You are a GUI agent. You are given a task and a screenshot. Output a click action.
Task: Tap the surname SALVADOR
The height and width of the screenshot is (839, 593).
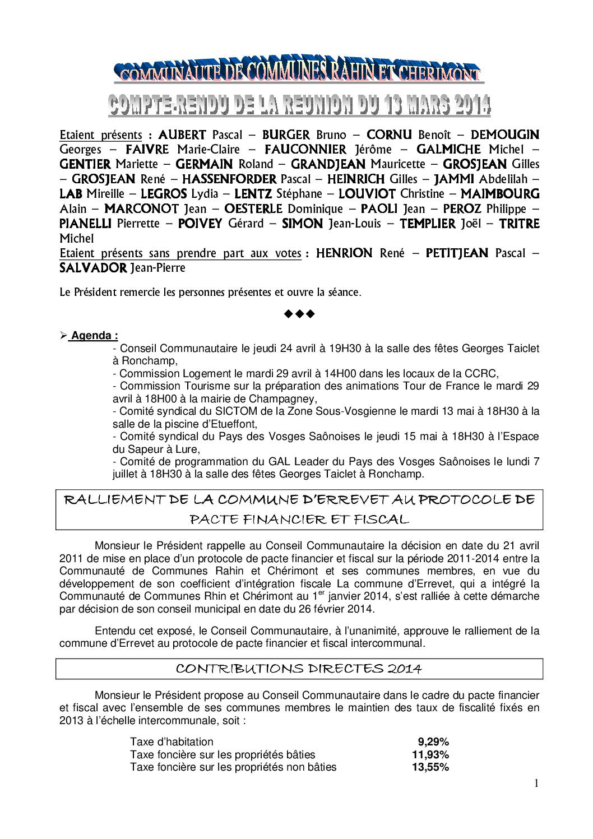[93, 268]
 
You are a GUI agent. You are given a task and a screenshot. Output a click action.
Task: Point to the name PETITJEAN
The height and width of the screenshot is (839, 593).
[457, 253]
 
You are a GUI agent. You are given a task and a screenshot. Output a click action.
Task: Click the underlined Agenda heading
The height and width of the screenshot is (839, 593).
[94, 336]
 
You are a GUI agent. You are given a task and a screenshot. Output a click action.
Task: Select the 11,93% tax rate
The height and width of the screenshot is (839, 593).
[430, 754]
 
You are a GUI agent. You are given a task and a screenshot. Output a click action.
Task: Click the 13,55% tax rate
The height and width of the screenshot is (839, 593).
[430, 767]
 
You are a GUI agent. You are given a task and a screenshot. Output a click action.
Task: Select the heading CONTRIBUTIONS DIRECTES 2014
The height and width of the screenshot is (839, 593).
[299, 669]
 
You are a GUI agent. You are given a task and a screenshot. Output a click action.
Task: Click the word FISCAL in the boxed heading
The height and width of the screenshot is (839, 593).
[380, 519]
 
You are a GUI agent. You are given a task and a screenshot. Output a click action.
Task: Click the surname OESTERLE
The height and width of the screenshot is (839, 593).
[253, 209]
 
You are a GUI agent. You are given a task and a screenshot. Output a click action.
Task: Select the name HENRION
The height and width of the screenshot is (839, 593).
[344, 253]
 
